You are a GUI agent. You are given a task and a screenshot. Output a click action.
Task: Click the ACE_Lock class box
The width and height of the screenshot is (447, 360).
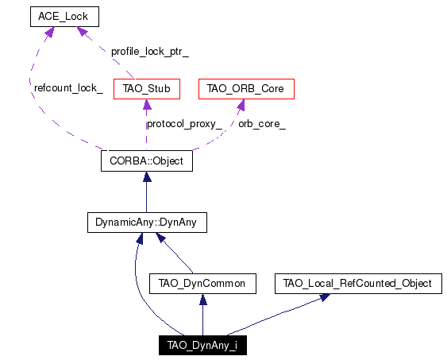click(65, 17)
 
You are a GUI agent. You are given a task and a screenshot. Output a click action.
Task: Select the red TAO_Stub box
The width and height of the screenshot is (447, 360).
click(147, 89)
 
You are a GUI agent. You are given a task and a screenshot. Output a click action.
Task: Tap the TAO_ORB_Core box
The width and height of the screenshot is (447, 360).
click(246, 89)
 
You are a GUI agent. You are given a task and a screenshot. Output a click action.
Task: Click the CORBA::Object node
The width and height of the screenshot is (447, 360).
click(147, 161)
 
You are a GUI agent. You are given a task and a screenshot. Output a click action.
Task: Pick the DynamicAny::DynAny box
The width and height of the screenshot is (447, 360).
click(147, 223)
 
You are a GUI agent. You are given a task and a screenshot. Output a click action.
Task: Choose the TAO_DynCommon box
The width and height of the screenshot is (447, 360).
click(202, 284)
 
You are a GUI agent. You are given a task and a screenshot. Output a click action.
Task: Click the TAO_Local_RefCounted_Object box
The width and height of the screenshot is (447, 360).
click(358, 284)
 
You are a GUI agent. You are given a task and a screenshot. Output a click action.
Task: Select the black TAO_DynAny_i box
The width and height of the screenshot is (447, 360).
click(202, 345)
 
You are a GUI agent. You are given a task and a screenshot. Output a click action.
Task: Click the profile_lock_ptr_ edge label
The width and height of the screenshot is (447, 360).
click(150, 52)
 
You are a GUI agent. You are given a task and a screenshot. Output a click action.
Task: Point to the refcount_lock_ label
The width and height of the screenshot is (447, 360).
click(68, 88)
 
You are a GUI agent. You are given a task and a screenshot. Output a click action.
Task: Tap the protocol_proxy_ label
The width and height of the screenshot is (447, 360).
click(184, 124)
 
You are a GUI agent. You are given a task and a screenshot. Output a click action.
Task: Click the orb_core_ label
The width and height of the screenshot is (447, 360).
click(262, 124)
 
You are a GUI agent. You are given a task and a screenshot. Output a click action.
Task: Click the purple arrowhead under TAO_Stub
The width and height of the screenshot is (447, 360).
click(147, 104)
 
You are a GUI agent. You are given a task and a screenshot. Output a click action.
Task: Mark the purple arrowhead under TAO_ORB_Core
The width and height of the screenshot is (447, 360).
click(241, 105)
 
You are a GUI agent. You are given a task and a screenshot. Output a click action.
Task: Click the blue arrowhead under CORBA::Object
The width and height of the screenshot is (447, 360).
click(147, 176)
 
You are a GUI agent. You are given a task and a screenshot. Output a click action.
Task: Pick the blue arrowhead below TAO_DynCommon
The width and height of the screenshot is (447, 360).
click(203, 299)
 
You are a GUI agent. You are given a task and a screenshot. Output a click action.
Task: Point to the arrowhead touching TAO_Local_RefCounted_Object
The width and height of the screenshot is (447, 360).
click(325, 297)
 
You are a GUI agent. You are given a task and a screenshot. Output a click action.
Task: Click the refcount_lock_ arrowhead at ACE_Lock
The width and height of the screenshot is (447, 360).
click(49, 32)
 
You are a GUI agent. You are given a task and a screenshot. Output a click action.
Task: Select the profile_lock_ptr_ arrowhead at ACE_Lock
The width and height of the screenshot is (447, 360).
click(82, 31)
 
